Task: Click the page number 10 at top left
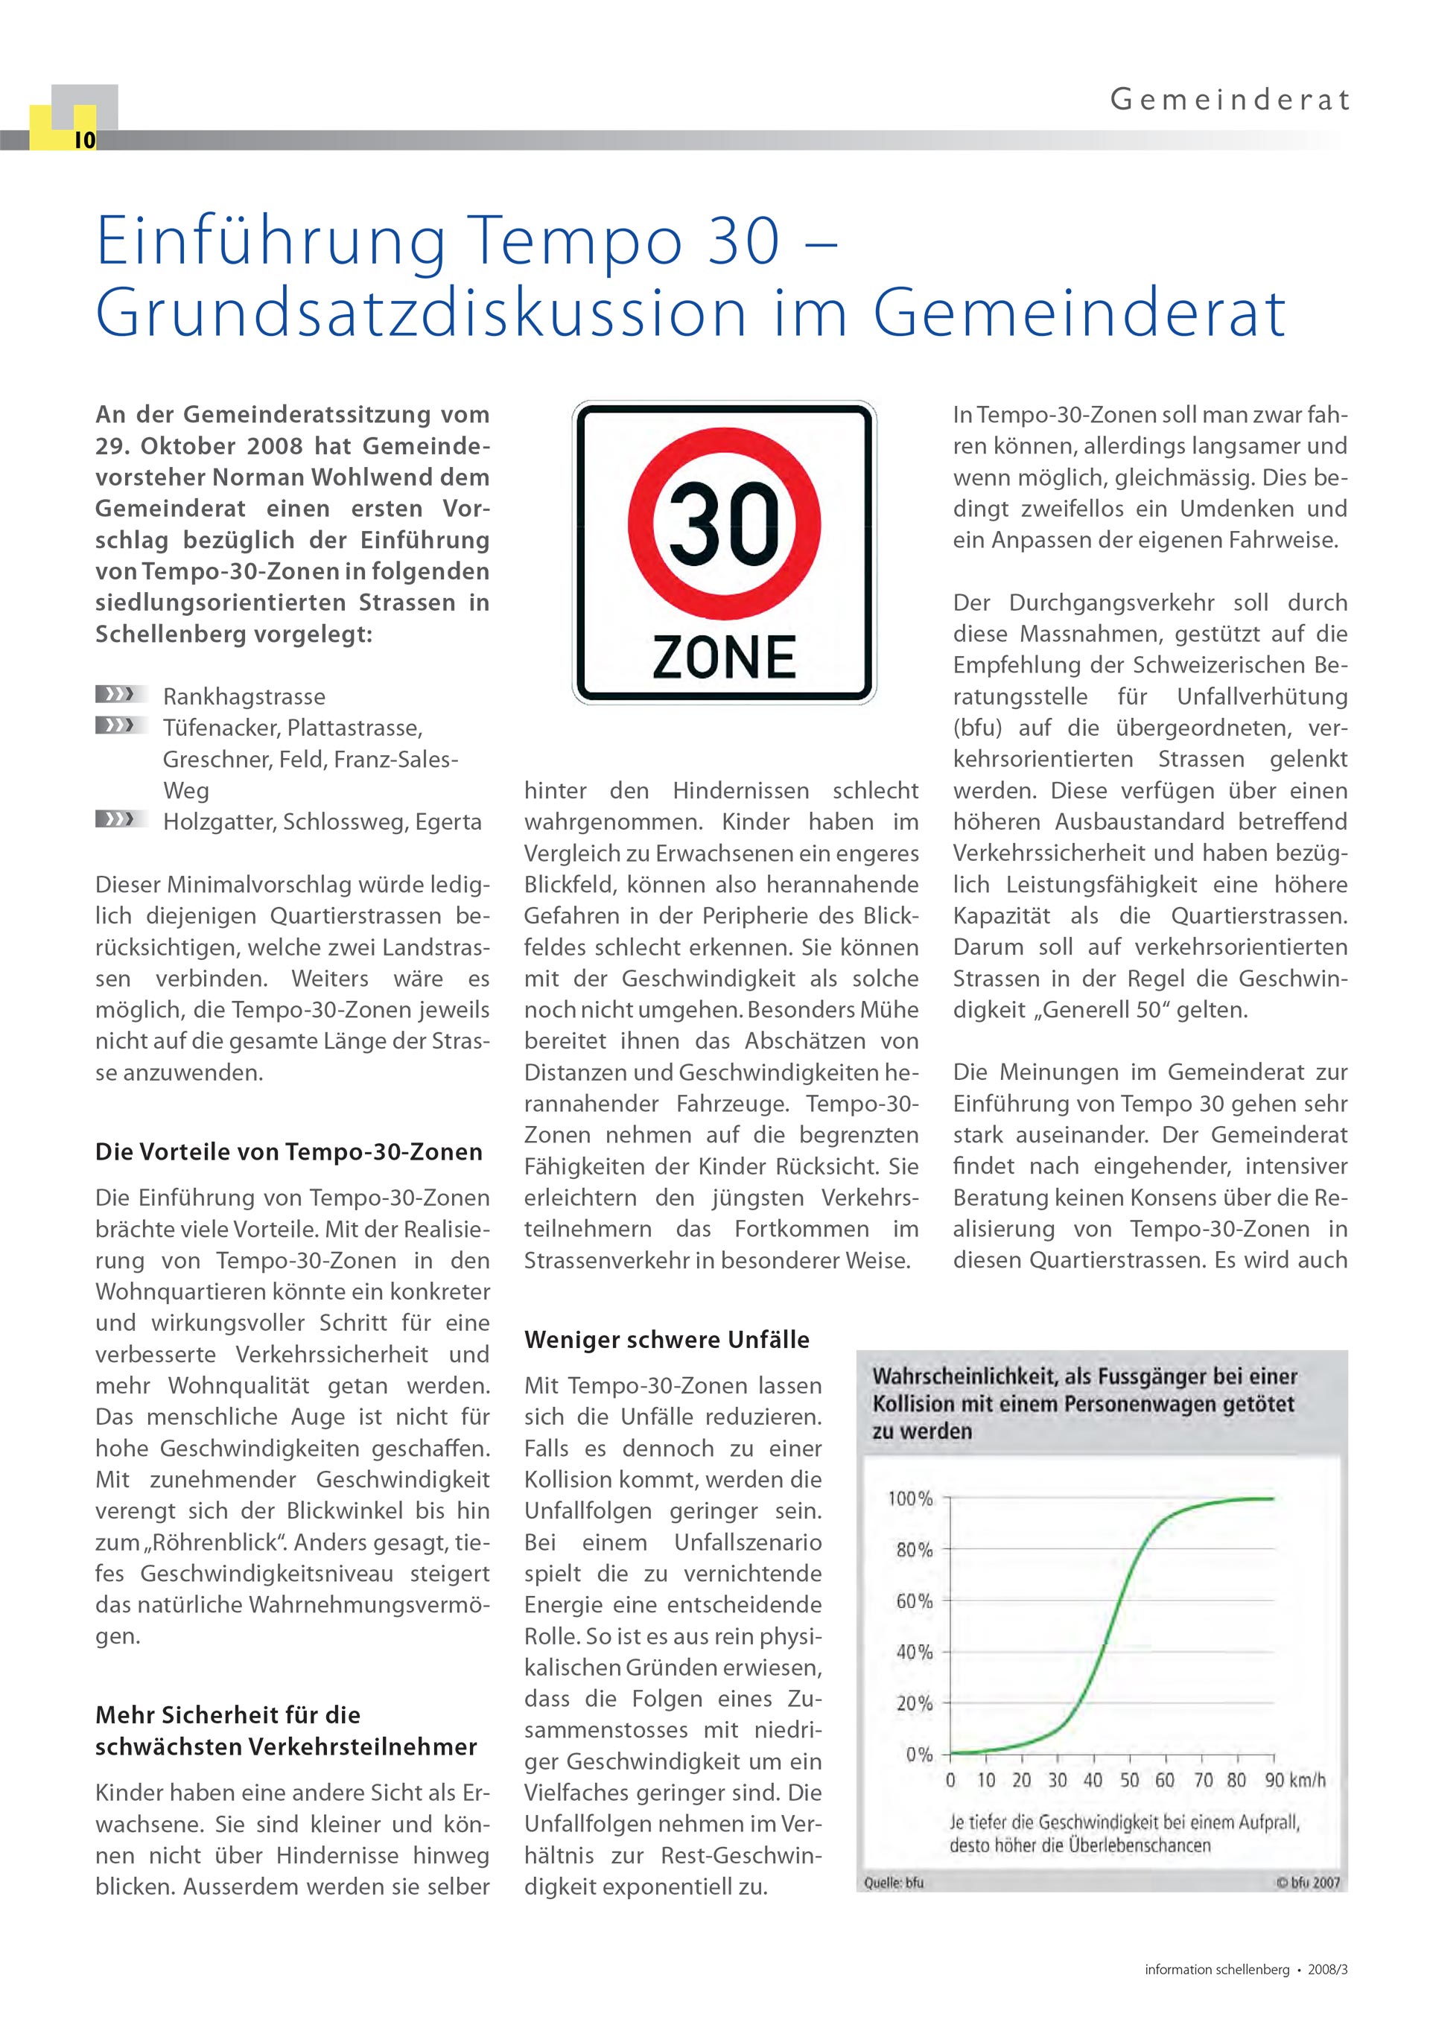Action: pos(84,140)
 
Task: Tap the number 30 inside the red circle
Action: pos(724,525)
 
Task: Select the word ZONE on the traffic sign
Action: pos(724,657)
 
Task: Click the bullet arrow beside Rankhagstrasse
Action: pos(115,695)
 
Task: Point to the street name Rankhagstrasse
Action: pos(244,696)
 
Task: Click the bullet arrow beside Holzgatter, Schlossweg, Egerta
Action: pos(115,820)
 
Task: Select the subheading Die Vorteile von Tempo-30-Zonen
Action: pos(289,1152)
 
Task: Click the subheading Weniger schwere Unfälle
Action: pos(667,1340)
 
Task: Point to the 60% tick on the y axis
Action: pos(914,1601)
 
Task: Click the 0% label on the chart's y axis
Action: pos(918,1755)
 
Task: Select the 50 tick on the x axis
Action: pos(1129,1780)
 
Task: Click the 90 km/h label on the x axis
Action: pos(1294,1780)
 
